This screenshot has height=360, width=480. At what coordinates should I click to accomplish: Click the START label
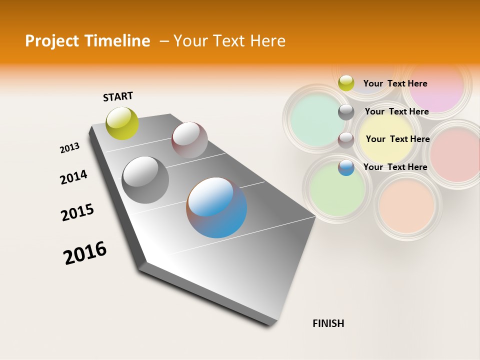point(118,96)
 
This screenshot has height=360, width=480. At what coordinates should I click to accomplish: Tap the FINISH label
point(328,323)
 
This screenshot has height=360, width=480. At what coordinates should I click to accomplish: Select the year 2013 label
point(69,148)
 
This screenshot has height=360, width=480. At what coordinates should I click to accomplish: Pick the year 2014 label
point(73,177)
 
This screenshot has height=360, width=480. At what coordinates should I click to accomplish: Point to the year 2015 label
point(77,212)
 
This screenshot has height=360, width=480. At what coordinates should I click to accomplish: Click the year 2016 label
point(85,253)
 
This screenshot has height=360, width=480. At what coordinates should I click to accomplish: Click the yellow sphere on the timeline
point(122,123)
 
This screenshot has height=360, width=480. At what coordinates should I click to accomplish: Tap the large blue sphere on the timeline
point(216,207)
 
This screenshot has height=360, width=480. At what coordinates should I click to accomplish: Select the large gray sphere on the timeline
point(145,180)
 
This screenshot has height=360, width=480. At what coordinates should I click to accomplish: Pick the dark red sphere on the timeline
point(189,139)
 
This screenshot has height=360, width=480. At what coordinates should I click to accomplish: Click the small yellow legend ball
point(346,83)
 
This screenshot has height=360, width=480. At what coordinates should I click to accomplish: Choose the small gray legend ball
point(346,112)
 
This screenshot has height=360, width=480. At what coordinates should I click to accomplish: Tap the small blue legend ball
point(346,167)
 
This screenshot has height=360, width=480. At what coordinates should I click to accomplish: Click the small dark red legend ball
point(346,140)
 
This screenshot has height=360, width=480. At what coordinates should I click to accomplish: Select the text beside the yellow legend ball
point(395,83)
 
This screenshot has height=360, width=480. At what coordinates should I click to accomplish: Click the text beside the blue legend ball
point(395,167)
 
